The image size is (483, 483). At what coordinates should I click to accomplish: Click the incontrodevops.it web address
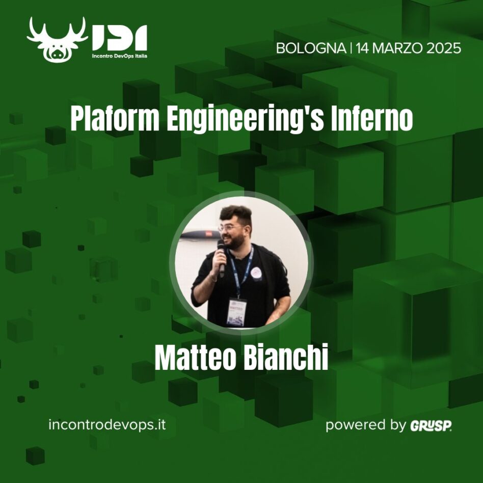tap(106, 424)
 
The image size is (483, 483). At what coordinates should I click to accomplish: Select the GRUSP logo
tap(431, 425)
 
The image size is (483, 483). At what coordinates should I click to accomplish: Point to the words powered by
tap(365, 425)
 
